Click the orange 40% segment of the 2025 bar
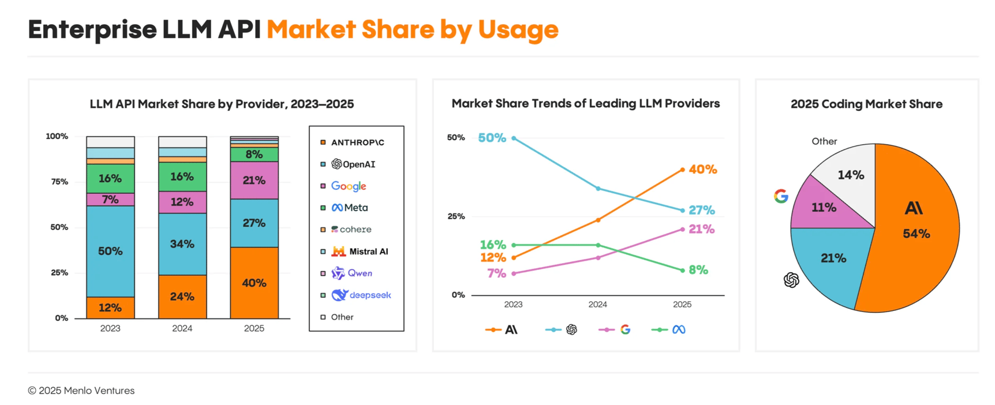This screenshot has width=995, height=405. click(x=254, y=283)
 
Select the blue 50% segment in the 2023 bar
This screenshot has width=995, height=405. click(x=110, y=251)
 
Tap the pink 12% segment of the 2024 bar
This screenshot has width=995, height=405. click(x=182, y=202)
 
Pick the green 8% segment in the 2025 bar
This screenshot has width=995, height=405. click(x=254, y=155)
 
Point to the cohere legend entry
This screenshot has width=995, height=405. click(x=351, y=230)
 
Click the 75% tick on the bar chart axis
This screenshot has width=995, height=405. click(x=59, y=182)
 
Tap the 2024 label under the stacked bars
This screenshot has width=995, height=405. click(x=182, y=328)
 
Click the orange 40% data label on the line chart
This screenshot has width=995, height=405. click(x=702, y=170)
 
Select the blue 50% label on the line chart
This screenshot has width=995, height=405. click(x=492, y=138)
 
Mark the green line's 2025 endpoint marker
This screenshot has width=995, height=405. click(x=682, y=270)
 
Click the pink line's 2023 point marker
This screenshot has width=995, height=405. click(x=514, y=273)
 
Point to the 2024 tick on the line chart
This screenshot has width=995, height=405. click(x=597, y=305)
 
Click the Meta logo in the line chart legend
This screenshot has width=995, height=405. click(x=679, y=329)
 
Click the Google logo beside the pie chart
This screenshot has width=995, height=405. click(x=781, y=196)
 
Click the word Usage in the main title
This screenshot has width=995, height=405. click(x=518, y=29)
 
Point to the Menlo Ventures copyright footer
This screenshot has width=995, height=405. click(x=81, y=391)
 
